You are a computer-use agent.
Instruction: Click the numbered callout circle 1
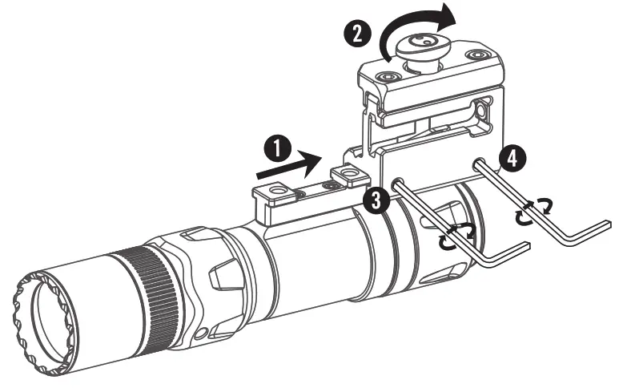point(278,149)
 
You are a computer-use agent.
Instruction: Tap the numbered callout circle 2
point(357,34)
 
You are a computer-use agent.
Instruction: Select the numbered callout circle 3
point(376,200)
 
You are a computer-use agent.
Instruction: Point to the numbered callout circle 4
point(512,159)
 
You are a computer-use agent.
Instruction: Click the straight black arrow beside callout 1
point(289,165)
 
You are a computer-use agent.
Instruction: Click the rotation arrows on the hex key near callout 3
point(456,236)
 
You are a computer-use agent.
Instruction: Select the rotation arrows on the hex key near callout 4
point(533,211)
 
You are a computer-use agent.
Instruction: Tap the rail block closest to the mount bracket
point(350,176)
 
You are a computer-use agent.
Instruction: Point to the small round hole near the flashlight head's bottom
point(203,332)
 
